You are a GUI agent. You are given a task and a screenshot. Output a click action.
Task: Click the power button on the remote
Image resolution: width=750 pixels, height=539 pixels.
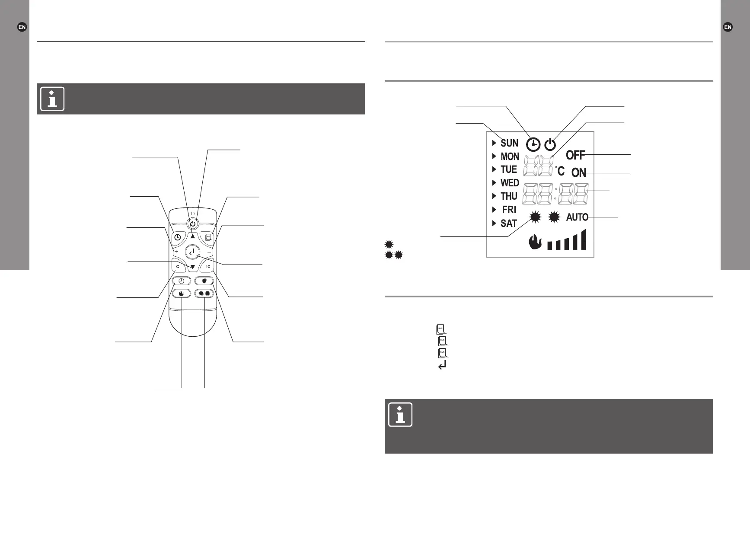(193, 223)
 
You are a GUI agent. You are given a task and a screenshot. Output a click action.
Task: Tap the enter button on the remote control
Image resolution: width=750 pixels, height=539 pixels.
(192, 252)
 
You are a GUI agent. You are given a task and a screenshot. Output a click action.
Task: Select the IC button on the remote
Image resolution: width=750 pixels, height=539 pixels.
(208, 266)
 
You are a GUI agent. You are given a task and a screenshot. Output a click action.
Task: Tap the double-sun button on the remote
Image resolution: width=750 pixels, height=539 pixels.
(204, 293)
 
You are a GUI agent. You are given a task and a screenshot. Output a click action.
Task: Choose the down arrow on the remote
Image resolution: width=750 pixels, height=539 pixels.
(193, 267)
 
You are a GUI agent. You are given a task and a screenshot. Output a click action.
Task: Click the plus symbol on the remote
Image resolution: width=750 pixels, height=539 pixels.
(176, 252)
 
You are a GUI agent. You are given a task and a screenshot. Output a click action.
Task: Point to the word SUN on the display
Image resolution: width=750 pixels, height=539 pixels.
(509, 143)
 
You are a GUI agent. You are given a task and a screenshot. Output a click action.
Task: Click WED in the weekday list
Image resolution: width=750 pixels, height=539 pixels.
(510, 183)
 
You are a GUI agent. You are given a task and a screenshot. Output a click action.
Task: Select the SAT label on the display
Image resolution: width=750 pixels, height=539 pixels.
(509, 223)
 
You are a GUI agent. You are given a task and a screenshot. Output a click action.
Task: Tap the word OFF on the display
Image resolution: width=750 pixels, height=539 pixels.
(575, 155)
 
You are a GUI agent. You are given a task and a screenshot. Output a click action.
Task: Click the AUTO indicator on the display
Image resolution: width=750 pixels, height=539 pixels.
(577, 217)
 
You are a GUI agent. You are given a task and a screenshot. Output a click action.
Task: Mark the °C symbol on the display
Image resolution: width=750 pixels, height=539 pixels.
(560, 171)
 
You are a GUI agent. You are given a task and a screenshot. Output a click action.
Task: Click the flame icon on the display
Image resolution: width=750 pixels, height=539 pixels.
(535, 242)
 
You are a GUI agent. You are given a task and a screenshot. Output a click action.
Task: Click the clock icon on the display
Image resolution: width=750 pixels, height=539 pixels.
(533, 144)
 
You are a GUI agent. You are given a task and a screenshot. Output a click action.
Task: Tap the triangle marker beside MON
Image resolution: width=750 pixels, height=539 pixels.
(494, 156)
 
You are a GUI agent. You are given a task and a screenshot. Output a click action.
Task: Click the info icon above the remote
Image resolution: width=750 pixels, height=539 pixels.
(52, 99)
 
